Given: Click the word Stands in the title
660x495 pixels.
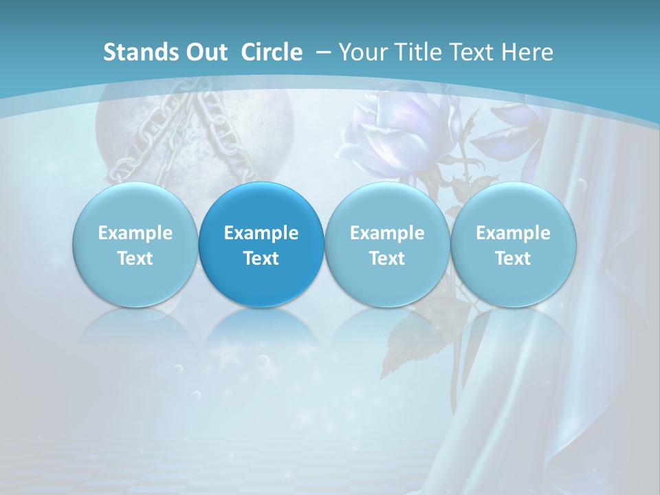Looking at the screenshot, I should [135, 52].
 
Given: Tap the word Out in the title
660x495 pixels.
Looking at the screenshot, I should [203, 52].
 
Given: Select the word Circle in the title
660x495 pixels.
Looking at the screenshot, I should [272, 52].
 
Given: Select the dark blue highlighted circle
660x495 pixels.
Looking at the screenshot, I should [261, 245].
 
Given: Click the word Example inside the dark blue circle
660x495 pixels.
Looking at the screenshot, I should [261, 233].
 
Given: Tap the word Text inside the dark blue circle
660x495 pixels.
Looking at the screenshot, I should [261, 258].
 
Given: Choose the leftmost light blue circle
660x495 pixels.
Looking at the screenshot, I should [135, 245].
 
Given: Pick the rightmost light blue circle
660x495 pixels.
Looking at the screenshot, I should [513, 245].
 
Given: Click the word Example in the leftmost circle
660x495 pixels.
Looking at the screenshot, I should [135, 233].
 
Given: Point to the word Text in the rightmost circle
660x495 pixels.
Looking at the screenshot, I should [513, 258].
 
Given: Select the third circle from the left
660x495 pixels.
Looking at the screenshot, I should [387, 245].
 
